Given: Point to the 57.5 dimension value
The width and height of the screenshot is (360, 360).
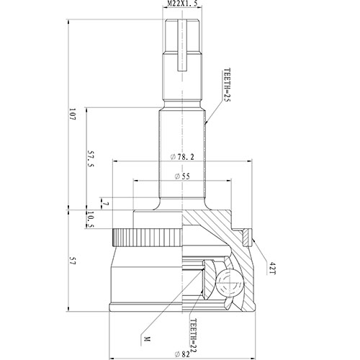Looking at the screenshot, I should (90, 159).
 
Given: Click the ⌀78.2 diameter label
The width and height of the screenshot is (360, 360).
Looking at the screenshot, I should (183, 157).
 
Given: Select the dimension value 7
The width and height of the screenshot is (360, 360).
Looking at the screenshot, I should (104, 204).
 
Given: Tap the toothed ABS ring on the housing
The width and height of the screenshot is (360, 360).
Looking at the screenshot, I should (144, 237).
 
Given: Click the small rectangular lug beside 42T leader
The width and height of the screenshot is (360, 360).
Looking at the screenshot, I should (250, 235).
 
